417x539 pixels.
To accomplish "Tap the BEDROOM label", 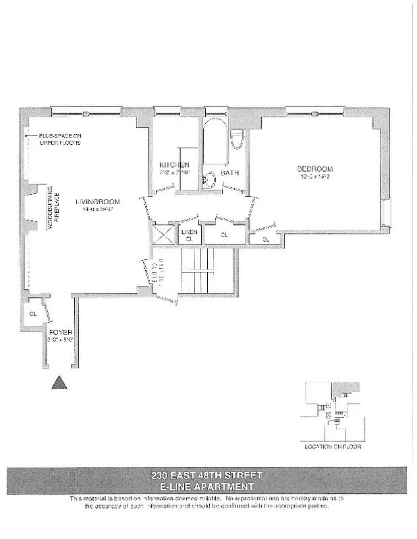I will [315, 168].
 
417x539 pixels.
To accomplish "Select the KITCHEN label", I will [174, 165].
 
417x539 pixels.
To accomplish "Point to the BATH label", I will [231, 172].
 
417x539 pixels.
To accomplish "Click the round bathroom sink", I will [210, 179].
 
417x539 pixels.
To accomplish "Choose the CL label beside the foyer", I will [32, 313].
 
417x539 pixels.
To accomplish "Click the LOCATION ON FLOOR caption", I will [333, 447].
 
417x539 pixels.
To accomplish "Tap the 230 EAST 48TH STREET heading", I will [207, 475].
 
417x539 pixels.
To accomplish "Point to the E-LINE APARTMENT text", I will [207, 486].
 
